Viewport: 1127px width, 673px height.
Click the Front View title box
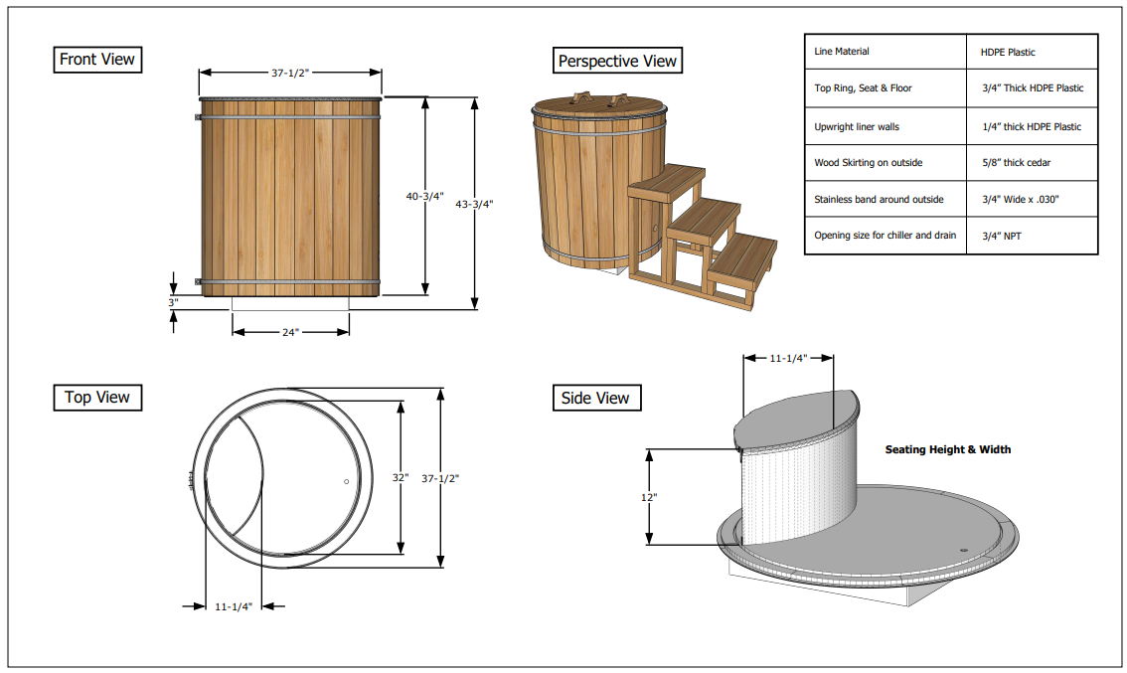(x=96, y=60)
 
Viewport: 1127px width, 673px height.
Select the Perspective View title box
(x=617, y=61)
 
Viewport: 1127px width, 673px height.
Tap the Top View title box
(x=96, y=398)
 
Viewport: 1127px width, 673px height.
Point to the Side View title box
(x=594, y=399)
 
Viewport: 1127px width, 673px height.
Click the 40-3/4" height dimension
(x=423, y=197)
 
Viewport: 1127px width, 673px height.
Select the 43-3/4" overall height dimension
(x=474, y=204)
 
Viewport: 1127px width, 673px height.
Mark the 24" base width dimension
(x=289, y=332)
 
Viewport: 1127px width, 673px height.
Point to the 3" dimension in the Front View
(x=172, y=301)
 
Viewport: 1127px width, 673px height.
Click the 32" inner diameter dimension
(x=400, y=478)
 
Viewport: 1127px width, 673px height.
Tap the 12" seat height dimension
(x=649, y=496)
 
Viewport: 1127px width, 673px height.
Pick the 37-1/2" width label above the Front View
(x=291, y=73)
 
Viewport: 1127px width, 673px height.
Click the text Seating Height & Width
(x=947, y=449)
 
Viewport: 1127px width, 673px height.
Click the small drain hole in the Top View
(x=346, y=481)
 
